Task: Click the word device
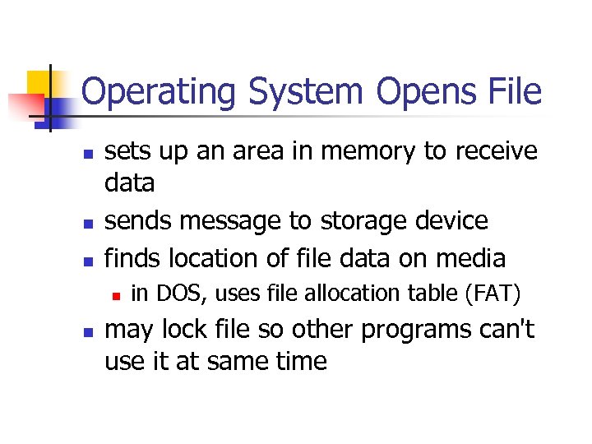(456, 221)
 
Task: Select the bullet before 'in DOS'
(117, 294)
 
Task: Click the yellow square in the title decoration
(39, 81)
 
